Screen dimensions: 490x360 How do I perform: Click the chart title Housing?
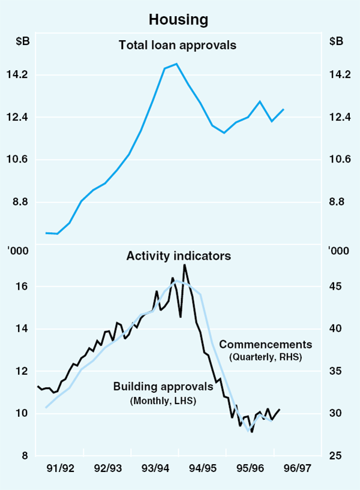[x=179, y=19]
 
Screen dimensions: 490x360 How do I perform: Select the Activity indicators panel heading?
[x=178, y=256]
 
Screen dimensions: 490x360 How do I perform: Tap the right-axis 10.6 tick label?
[x=340, y=160]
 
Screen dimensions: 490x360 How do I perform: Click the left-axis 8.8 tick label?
[x=20, y=202]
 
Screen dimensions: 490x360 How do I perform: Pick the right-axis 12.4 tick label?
[x=340, y=118]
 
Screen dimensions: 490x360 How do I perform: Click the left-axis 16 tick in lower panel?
[x=22, y=287]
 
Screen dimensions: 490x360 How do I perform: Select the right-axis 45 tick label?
[x=338, y=287]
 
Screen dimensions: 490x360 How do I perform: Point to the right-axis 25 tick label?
[x=338, y=456]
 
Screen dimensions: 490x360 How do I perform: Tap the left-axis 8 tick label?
[x=25, y=456]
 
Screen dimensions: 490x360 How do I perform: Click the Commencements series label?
[x=265, y=345]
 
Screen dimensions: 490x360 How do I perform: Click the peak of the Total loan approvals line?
[x=176, y=64]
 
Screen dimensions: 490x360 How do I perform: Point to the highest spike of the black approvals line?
[x=185, y=264]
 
